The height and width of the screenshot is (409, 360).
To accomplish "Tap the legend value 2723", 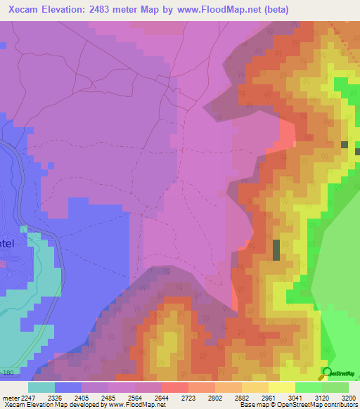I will point(188,398).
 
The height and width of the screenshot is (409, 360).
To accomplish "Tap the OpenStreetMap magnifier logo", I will point(326,372).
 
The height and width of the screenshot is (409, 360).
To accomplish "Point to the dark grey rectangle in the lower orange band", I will point(276,251).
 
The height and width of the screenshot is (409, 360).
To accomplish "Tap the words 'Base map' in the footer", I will point(251,405).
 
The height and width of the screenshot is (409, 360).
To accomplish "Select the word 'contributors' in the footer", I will point(342,405).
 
